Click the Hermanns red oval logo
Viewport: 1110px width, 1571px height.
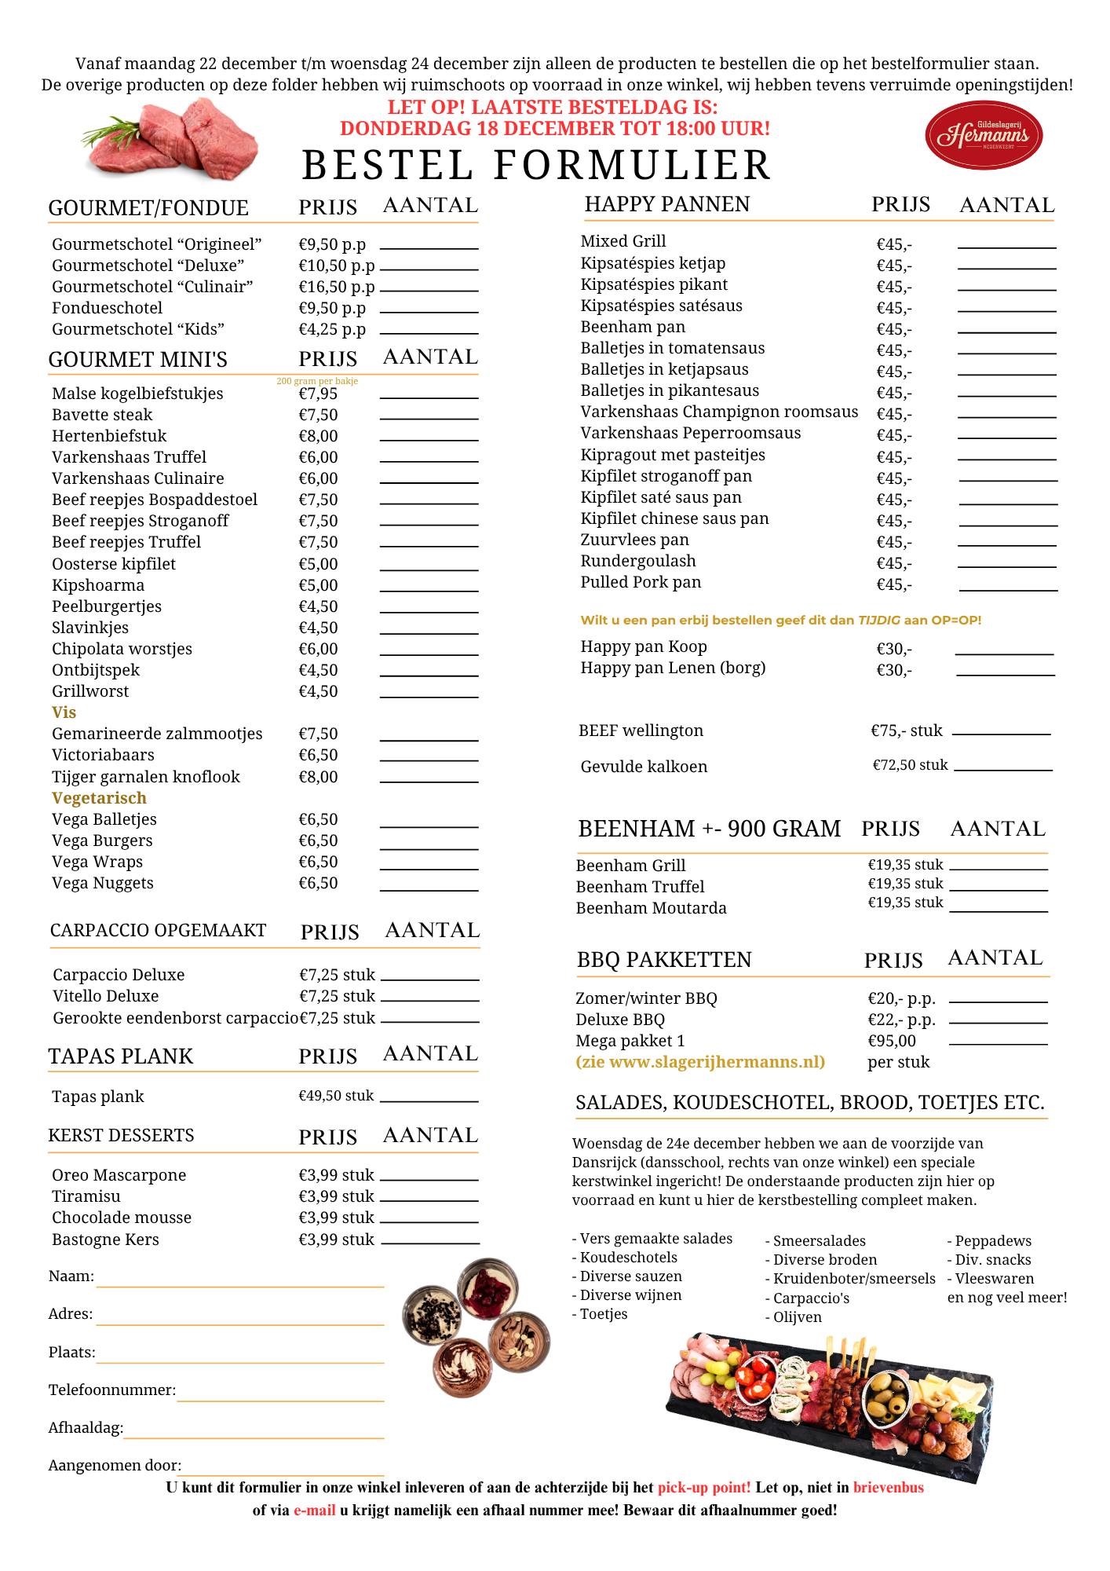coord(984,135)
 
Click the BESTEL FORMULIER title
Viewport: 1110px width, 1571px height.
coord(536,165)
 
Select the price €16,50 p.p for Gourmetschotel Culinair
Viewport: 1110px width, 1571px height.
coord(336,287)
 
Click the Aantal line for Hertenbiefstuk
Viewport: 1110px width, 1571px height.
coord(429,439)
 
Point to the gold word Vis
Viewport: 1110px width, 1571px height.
coord(64,712)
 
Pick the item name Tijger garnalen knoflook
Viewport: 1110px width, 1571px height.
coord(145,777)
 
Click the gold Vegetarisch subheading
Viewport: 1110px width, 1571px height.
coord(99,798)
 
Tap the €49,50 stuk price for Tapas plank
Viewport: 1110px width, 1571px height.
coord(336,1096)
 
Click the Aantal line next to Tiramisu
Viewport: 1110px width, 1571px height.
coord(429,1200)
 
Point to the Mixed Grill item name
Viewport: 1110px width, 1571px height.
coord(623,241)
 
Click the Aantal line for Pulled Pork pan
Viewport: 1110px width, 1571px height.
coord(1008,588)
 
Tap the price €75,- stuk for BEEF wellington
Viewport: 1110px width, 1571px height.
coord(907,731)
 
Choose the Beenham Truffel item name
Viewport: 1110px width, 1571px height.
coord(640,887)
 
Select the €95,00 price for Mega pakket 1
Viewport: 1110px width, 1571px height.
coord(892,1041)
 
